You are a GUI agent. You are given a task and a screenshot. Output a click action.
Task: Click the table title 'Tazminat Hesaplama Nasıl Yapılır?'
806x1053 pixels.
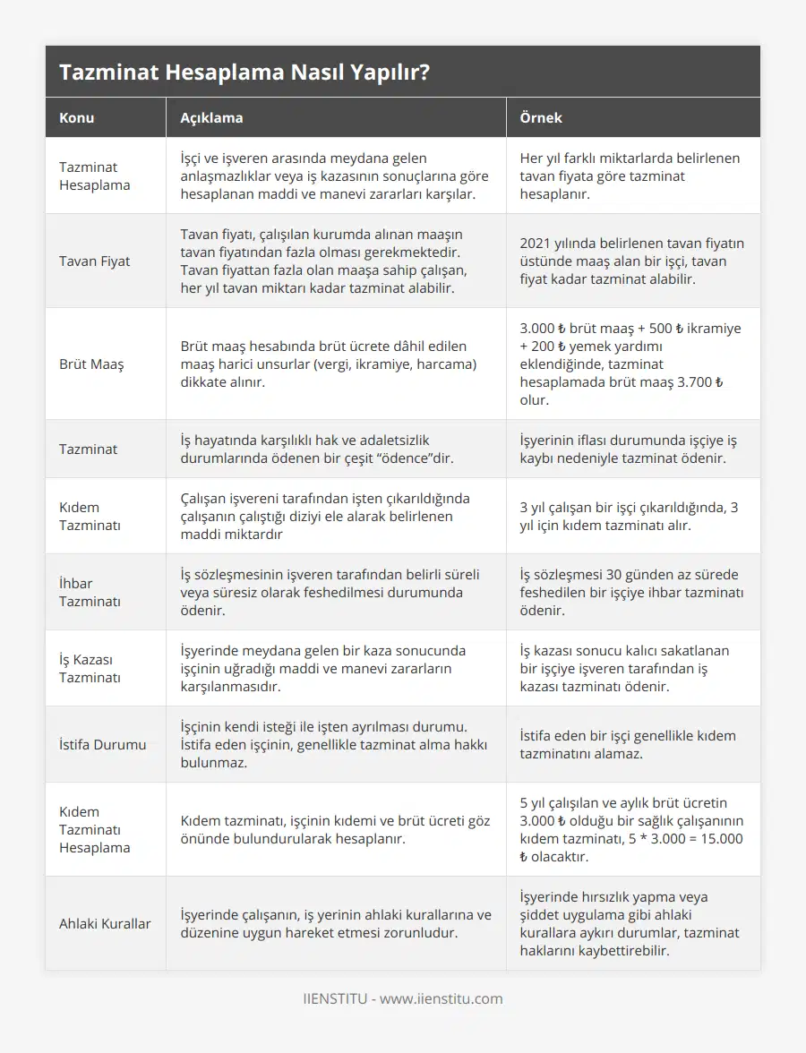[x=244, y=73]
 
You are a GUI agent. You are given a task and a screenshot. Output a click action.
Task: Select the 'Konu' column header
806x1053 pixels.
[x=76, y=117]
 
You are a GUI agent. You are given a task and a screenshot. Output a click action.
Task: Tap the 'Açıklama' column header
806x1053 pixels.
[x=211, y=117]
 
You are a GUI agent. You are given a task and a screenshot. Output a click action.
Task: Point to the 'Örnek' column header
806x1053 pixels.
[x=541, y=117]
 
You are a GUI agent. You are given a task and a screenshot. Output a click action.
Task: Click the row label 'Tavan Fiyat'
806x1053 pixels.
[x=94, y=261]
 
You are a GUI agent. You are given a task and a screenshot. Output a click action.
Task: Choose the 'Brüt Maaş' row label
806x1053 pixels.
[x=91, y=364]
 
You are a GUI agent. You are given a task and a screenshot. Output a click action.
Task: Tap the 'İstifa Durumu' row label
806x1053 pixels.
[x=102, y=744]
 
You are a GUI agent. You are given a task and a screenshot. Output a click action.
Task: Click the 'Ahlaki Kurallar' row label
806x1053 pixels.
[x=105, y=923]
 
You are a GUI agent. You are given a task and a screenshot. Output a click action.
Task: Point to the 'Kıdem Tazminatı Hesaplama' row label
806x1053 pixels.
[x=94, y=829]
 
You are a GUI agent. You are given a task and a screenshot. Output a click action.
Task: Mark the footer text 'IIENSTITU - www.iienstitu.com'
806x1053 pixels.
[x=403, y=998]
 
